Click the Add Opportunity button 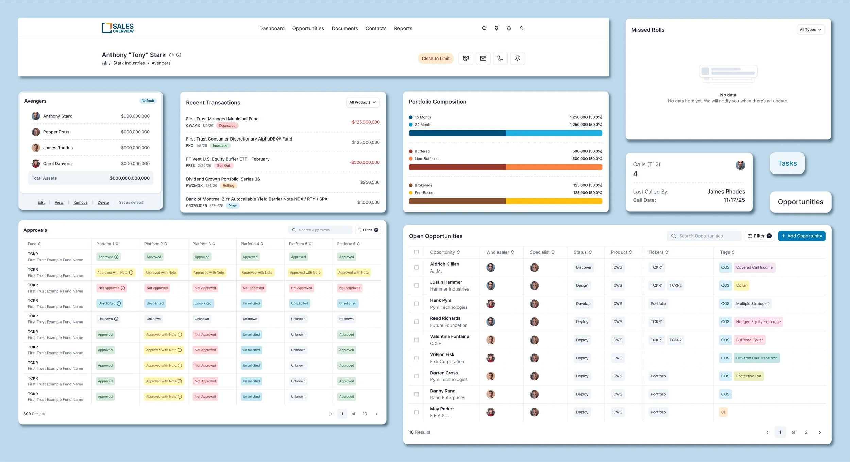click(x=801, y=236)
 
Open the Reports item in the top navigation click(x=403, y=28)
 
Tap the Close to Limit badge click(x=435, y=59)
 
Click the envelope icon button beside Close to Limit click(x=483, y=59)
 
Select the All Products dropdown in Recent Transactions click(x=362, y=102)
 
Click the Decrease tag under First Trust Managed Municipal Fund click(x=227, y=126)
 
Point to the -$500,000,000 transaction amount click(x=364, y=162)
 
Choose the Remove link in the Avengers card click(x=81, y=202)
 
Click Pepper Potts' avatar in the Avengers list click(x=36, y=132)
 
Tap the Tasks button click(x=787, y=163)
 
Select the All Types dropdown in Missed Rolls click(x=810, y=30)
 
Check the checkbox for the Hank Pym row click(x=417, y=304)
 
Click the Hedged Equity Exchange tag click(x=758, y=322)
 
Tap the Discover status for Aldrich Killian click(x=583, y=268)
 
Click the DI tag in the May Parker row click(x=723, y=412)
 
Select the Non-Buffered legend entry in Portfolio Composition click(x=426, y=159)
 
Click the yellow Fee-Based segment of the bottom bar click(x=554, y=201)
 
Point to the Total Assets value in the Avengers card click(x=130, y=178)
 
